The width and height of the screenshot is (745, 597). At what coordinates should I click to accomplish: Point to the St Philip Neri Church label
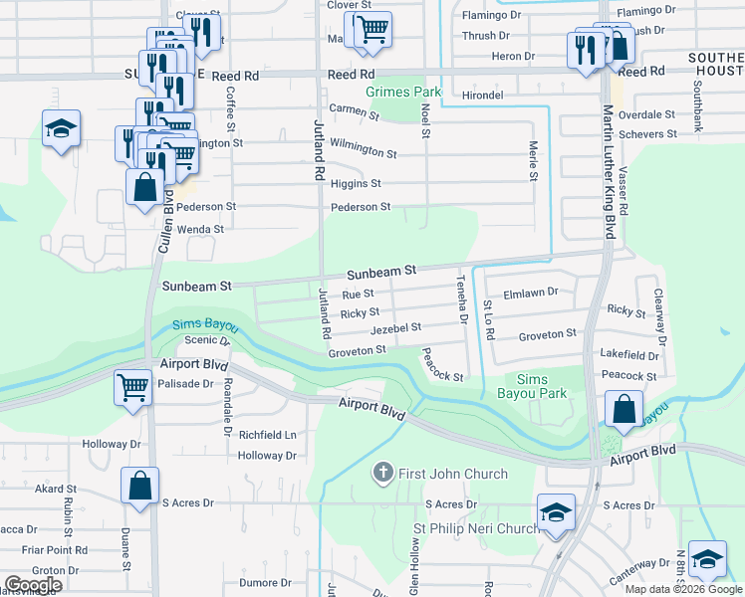(x=476, y=528)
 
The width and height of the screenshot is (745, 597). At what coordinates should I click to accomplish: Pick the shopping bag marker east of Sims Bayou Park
(x=623, y=408)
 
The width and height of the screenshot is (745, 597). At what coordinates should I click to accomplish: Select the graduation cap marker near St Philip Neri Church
(x=556, y=511)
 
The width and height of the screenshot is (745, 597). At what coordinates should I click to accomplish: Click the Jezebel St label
(x=395, y=326)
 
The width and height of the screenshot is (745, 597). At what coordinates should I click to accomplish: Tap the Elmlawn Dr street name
(x=531, y=294)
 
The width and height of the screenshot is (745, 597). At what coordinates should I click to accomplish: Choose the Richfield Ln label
(x=267, y=435)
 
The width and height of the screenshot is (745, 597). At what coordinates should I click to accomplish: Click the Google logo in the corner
(x=33, y=584)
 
